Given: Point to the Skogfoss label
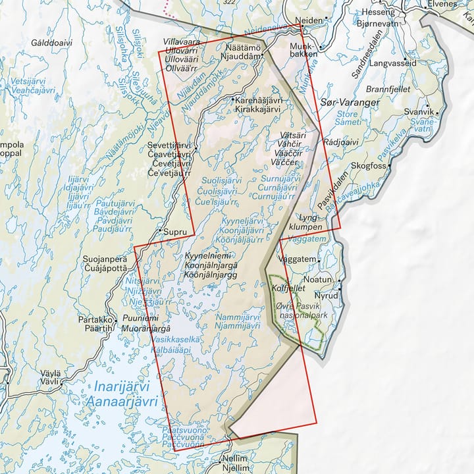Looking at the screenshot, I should click(368, 166).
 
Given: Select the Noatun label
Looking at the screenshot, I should click(323, 280).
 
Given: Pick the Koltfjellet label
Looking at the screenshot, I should click(288, 288).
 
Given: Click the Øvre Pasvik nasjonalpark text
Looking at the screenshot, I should click(307, 311).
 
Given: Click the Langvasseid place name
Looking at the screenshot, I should click(393, 63).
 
